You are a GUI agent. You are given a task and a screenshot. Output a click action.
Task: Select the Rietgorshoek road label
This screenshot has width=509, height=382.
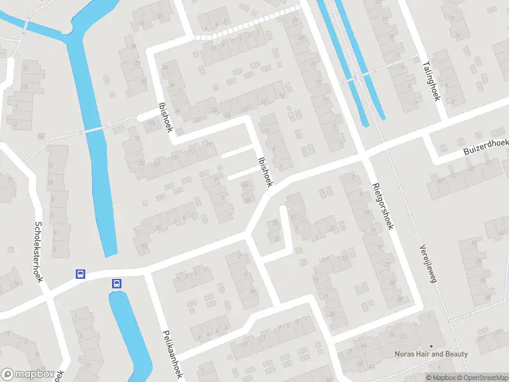[x=383, y=206]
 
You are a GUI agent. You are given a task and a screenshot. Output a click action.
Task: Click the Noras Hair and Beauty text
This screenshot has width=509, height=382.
[x=432, y=354]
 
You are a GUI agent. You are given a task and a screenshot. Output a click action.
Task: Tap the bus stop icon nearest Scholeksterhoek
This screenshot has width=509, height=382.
[x=81, y=274]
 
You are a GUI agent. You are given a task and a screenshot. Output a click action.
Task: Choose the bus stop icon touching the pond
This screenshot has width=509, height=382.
[x=116, y=283]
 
